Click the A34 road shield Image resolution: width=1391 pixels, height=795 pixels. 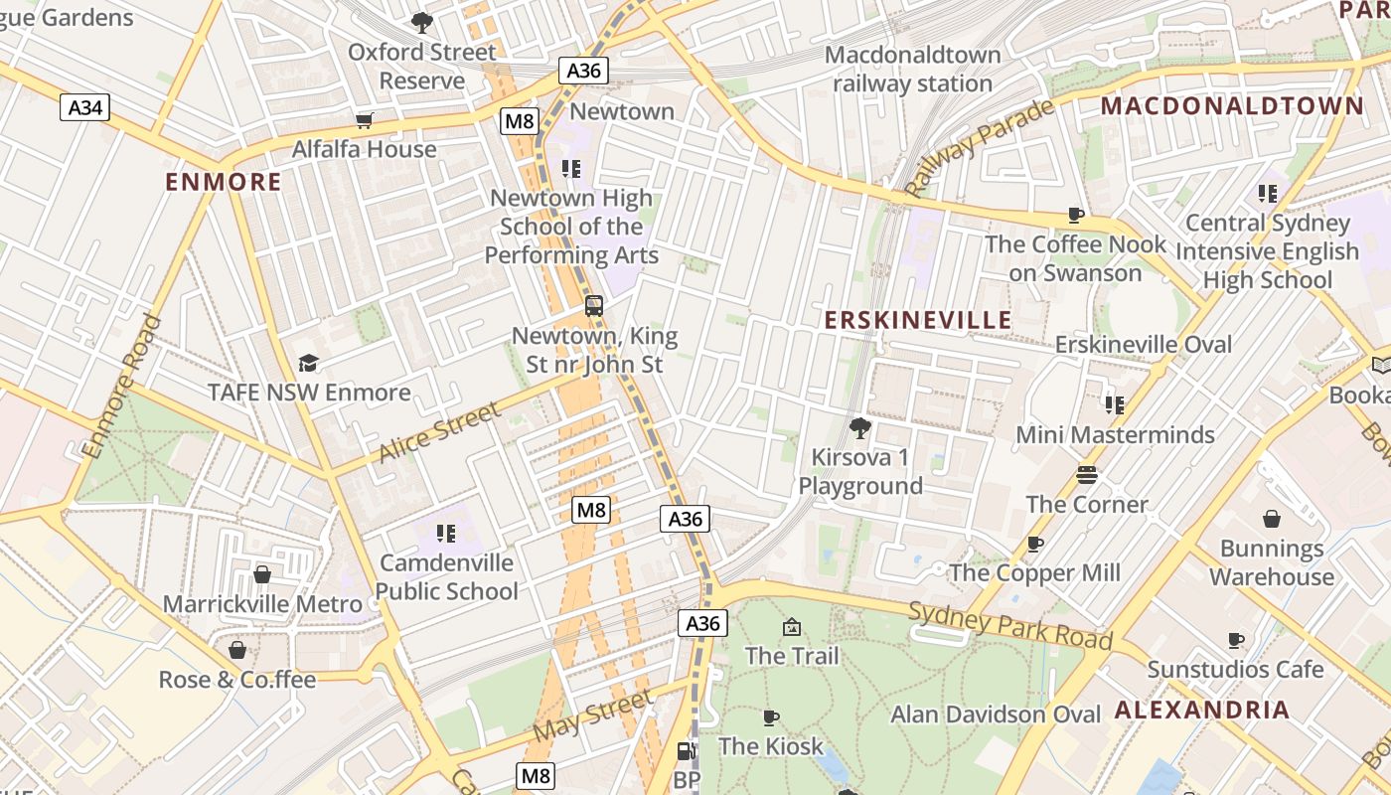84,107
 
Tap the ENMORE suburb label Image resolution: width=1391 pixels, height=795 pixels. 224,182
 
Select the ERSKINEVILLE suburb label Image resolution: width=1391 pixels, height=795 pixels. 918,320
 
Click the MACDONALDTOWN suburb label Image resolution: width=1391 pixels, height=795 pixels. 1232,106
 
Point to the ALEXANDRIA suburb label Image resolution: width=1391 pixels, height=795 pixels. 1202,710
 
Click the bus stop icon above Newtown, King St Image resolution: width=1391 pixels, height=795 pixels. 593,306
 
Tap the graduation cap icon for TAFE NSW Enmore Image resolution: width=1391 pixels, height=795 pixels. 308,364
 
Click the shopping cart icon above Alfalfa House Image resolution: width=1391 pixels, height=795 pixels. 364,121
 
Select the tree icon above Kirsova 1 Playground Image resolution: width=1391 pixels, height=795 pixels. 859,428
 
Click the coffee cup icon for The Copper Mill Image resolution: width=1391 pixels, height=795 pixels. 1034,544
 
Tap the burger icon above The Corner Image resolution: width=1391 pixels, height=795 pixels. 1086,475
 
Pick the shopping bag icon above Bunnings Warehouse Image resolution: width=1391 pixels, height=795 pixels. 1271,519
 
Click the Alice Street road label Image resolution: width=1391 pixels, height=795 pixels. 440,432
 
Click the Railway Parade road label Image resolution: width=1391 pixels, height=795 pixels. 979,148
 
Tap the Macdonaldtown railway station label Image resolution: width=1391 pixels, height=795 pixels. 912,69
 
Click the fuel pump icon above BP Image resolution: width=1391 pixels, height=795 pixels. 686,752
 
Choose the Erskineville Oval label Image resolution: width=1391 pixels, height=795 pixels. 1143,345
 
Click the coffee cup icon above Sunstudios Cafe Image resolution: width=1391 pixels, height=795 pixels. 1235,640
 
